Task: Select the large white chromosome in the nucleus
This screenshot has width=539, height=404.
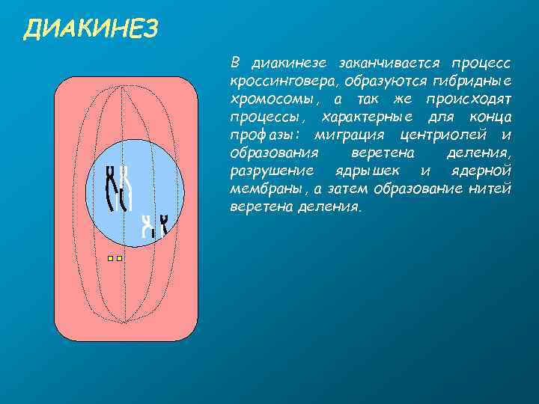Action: (127, 188)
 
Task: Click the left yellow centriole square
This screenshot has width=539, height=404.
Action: (109, 258)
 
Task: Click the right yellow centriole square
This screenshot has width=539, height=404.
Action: (120, 258)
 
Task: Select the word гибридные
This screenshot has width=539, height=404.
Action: (475, 80)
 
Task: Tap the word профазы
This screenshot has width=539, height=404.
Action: (267, 135)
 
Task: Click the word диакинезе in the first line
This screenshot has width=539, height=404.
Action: (290, 62)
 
